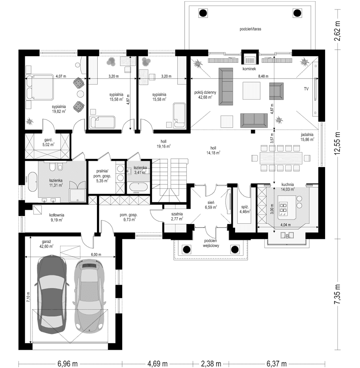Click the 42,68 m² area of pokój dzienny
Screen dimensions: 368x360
pos(205,97)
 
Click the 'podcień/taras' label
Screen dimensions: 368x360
pos(251,29)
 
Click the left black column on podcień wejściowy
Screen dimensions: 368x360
pos(187,249)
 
